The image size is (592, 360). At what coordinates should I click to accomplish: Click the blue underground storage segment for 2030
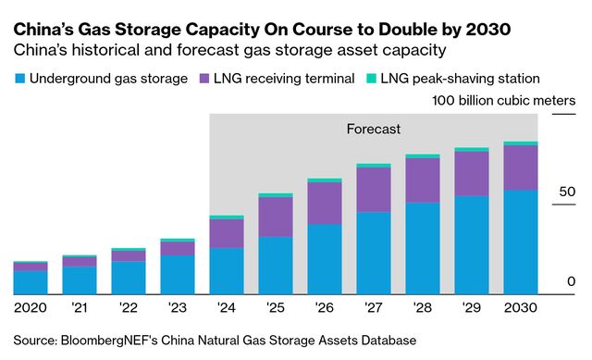tap(520, 241)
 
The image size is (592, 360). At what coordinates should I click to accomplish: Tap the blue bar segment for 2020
tap(31, 281)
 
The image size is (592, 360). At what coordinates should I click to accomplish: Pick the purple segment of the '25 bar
tap(276, 217)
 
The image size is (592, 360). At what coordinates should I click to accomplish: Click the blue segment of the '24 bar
tap(227, 269)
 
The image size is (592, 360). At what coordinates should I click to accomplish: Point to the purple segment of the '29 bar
tap(472, 173)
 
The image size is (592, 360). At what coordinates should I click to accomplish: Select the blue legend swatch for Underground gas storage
tap(19, 79)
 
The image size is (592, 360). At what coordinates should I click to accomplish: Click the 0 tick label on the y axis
tap(571, 281)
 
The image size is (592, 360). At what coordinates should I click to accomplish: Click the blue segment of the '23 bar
tap(178, 274)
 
